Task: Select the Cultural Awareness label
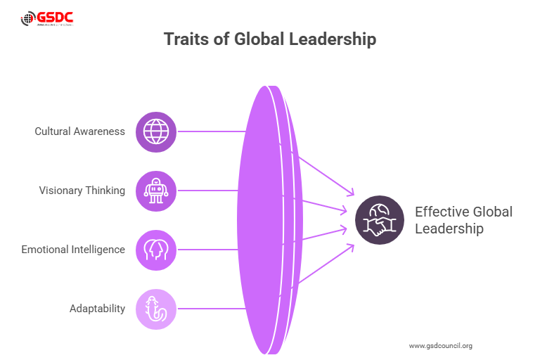point(80,131)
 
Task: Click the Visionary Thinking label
point(82,191)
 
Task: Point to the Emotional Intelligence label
point(73,250)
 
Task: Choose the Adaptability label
point(97,309)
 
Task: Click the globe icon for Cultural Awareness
point(155,131)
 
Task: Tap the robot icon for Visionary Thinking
point(155,191)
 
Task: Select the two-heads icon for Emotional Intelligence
point(155,250)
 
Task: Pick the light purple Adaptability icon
point(155,309)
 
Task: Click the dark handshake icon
point(379,220)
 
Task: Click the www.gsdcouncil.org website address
point(440,345)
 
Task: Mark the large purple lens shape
point(264,219)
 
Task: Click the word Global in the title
point(261,39)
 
